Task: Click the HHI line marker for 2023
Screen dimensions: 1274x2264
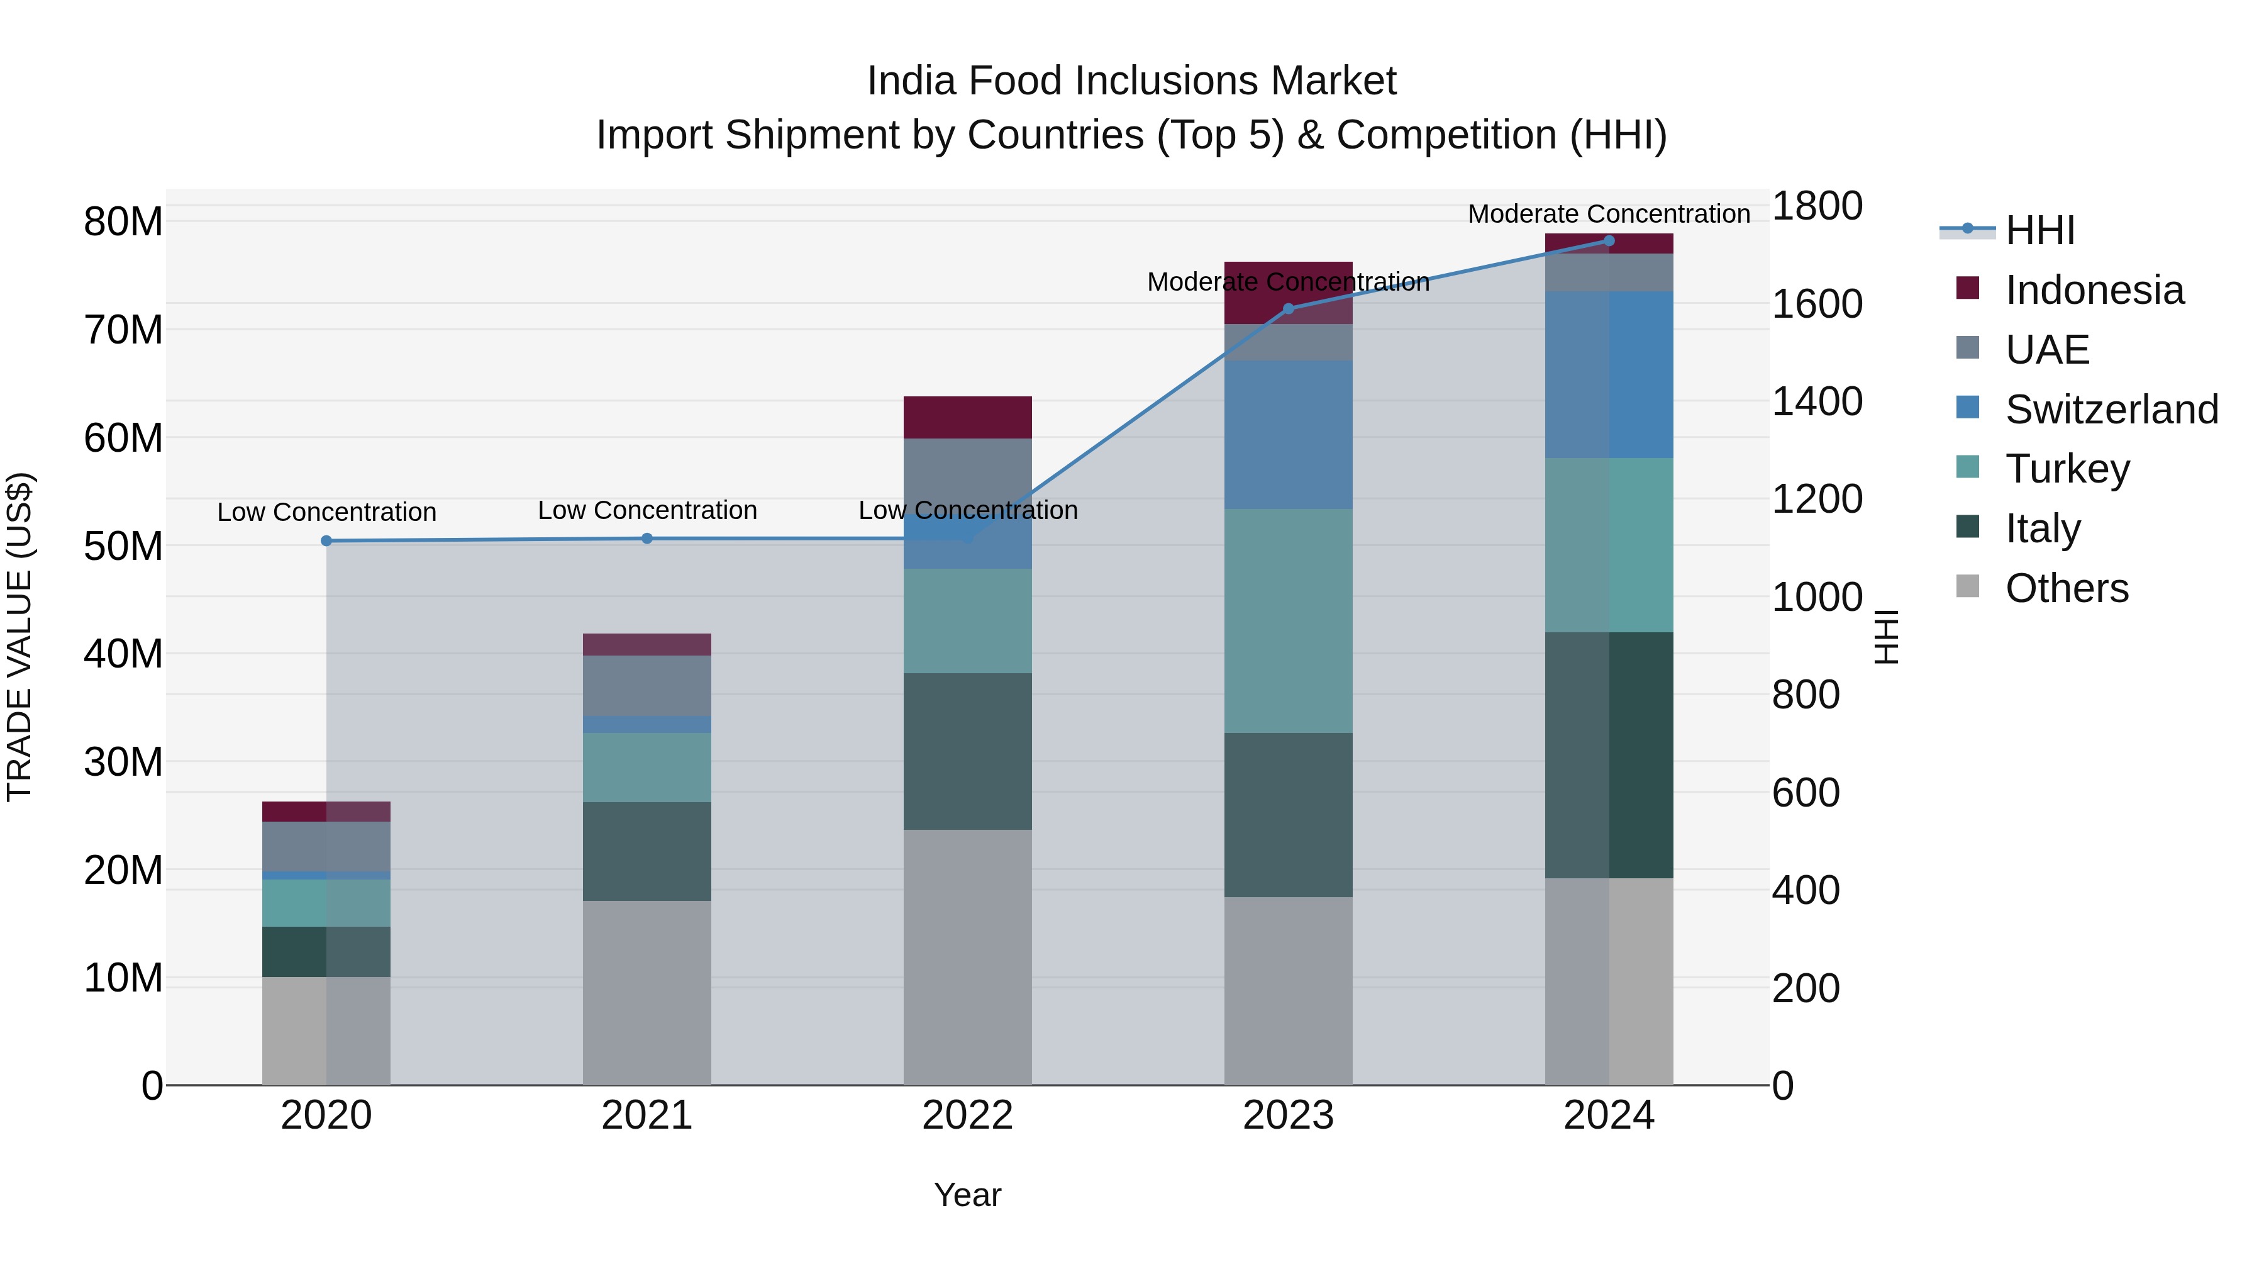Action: pos(1289,309)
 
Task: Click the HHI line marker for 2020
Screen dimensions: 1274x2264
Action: pos(326,540)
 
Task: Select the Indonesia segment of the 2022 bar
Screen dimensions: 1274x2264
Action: pos(968,418)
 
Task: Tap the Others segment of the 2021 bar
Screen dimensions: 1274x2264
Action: pos(647,993)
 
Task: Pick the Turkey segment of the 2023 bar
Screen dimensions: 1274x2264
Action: pos(1289,621)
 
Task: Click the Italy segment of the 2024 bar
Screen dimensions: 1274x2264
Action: pos(1609,755)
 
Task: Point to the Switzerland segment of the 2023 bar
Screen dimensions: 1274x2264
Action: pos(1289,434)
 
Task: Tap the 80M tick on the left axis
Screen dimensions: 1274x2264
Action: pos(123,221)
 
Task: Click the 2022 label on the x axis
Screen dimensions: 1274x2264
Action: pos(968,1115)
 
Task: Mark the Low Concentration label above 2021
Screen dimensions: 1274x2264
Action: pos(647,510)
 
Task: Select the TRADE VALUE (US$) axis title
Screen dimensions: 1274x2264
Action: pos(19,637)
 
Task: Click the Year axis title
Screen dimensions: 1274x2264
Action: pos(968,1195)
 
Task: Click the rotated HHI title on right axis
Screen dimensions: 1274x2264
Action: pos(1887,637)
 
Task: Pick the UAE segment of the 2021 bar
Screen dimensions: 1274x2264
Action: pos(647,686)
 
